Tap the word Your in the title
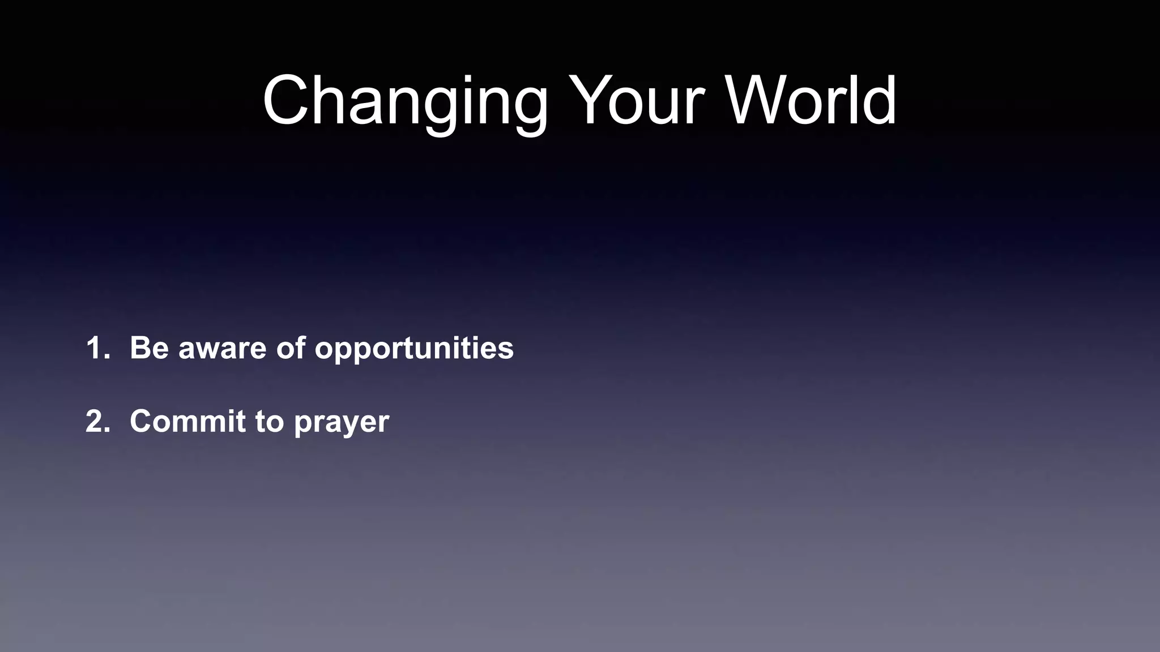tap(637, 101)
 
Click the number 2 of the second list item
tap(97, 421)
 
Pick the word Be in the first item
tap(150, 348)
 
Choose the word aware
tap(222, 349)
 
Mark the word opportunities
tap(414, 349)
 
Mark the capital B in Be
tap(141, 348)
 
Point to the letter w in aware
tap(211, 350)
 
